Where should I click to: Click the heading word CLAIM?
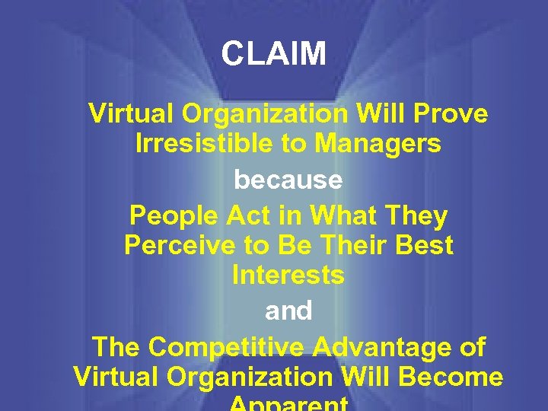click(x=274, y=54)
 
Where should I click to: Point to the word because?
click(x=288, y=180)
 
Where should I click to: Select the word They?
click(x=416, y=216)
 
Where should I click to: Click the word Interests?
click(x=288, y=275)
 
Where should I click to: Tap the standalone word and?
click(x=288, y=311)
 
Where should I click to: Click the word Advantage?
click(x=385, y=347)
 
